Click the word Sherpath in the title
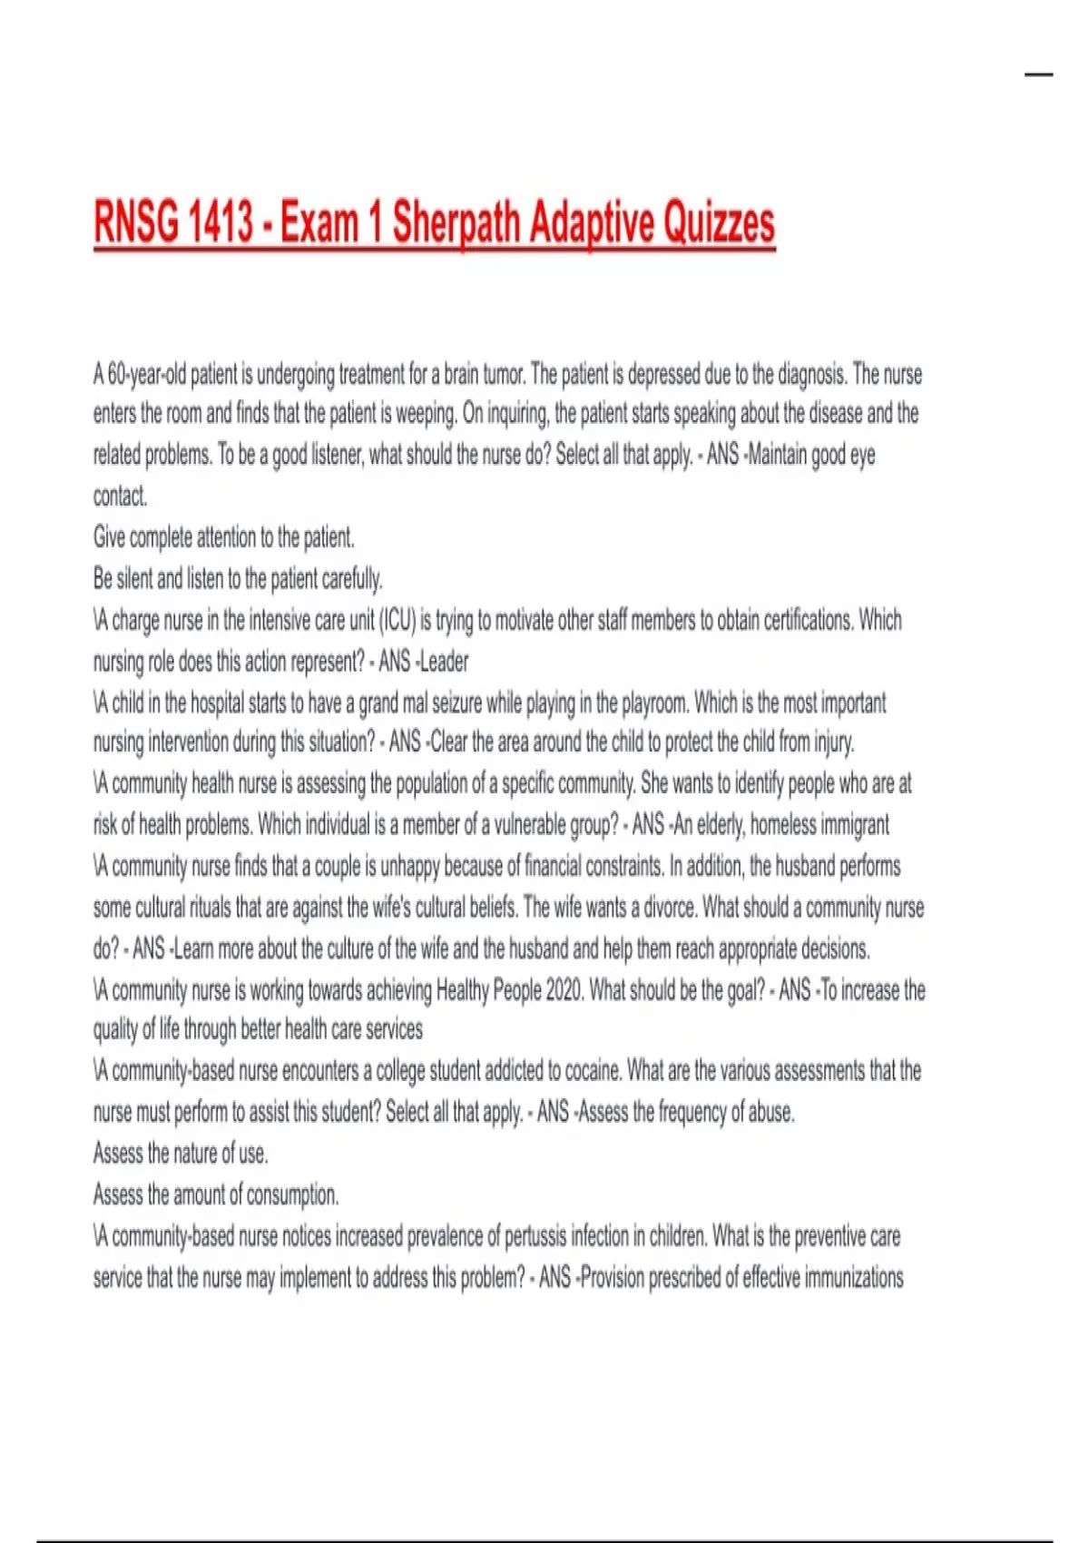click(x=457, y=223)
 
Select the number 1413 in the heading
click(x=221, y=223)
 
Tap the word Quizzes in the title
click(x=720, y=223)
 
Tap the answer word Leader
click(x=445, y=662)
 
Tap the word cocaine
click(x=593, y=1071)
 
